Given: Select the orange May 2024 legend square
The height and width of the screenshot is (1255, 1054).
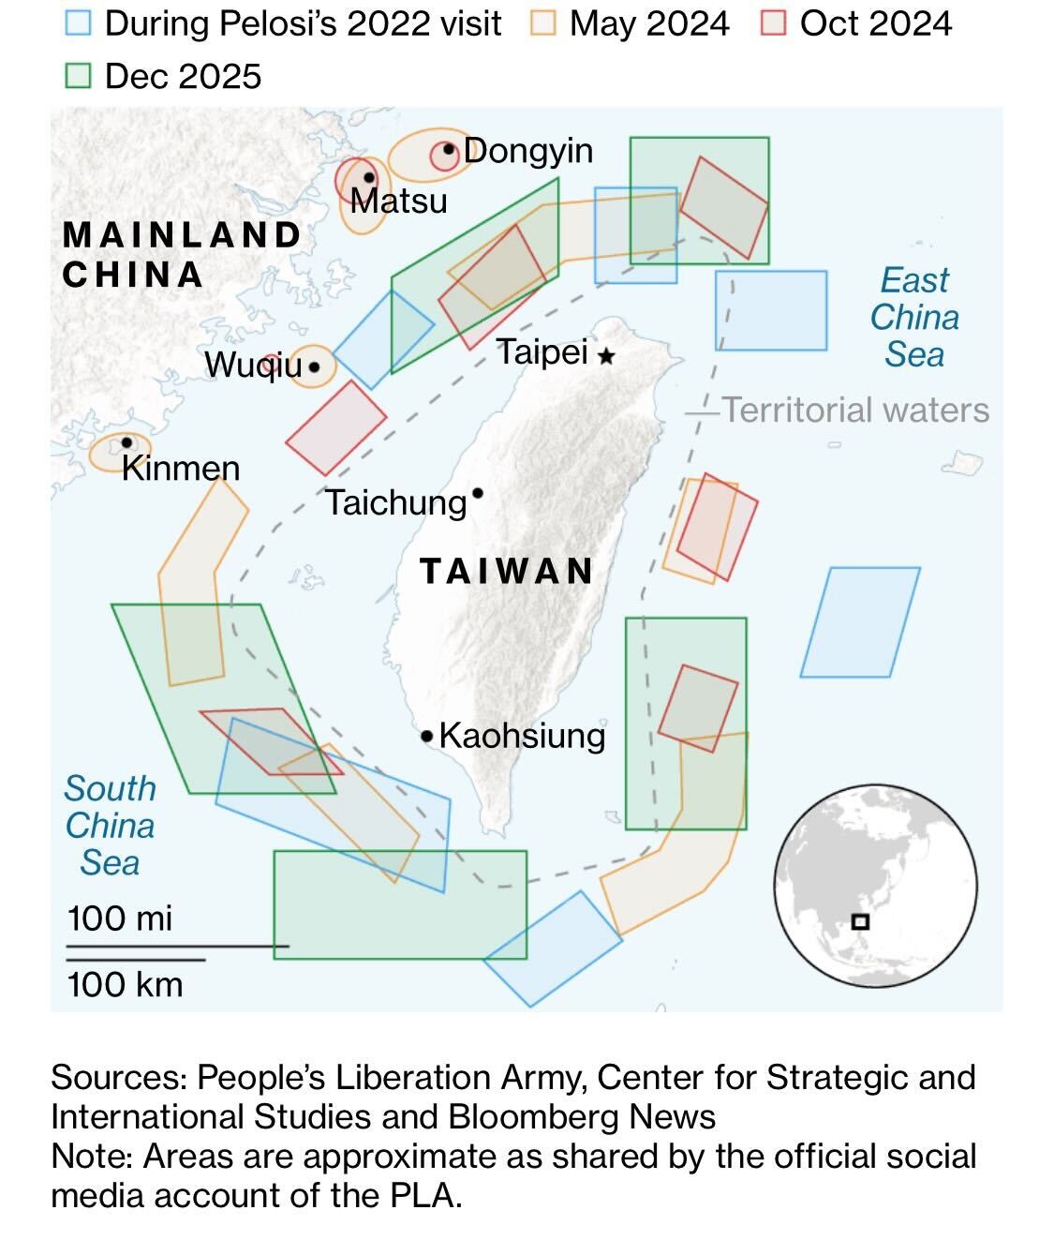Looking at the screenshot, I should tap(542, 23).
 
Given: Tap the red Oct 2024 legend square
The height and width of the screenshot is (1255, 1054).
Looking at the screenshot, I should tap(773, 23).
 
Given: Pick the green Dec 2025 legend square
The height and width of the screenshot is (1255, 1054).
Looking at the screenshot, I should tap(79, 76).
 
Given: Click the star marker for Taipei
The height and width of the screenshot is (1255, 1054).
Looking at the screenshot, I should tap(607, 356).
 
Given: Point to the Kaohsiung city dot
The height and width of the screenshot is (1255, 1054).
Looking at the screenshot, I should tap(427, 737).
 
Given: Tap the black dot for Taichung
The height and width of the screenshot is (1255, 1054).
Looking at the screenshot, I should tap(478, 493).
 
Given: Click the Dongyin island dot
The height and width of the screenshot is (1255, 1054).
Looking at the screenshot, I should tap(449, 149).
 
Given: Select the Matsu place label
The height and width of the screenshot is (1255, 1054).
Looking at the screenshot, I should tap(399, 201).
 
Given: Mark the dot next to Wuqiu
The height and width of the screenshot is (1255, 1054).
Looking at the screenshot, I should tap(314, 366).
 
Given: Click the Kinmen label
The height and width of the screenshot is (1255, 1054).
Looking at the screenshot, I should tap(181, 468).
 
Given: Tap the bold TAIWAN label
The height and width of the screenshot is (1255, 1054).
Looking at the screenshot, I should tap(507, 571).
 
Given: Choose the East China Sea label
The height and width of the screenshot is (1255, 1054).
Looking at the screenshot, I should tap(914, 317).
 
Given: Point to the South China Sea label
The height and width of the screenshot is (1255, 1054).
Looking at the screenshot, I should tap(110, 825).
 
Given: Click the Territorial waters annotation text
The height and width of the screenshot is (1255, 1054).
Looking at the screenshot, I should tap(855, 410).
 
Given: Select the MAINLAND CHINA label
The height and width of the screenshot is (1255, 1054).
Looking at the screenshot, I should tap(181, 254).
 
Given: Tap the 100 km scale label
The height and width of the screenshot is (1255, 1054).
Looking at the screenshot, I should tap(125, 984).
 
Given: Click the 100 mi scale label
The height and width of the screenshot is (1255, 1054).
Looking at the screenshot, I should tap(120, 918).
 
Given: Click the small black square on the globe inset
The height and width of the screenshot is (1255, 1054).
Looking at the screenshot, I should tap(861, 921).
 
